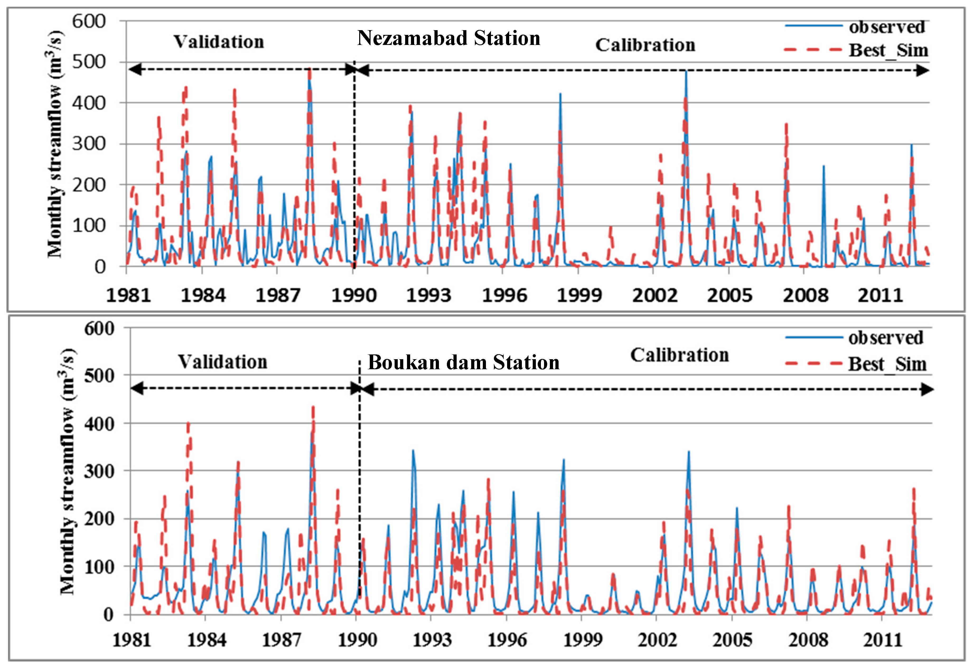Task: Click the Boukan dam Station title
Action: pos(463,362)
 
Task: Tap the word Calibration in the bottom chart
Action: pos(679,355)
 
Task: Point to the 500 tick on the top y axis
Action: pos(89,62)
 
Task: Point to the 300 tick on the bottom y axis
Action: pos(99,472)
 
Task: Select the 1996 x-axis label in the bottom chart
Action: pos(507,640)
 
